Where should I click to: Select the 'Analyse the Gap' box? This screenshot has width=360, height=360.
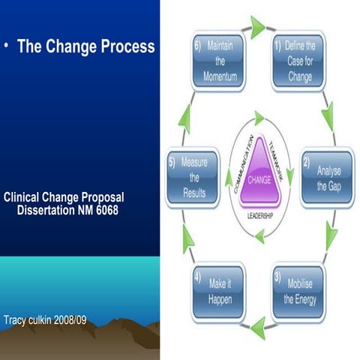[326, 179]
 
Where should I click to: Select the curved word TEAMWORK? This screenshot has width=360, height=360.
[280, 154]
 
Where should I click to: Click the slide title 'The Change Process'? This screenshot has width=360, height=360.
[85, 46]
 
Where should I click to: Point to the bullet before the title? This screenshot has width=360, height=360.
[5, 46]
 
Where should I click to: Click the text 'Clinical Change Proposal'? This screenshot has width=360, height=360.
[64, 198]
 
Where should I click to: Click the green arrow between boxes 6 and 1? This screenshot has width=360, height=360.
[256, 28]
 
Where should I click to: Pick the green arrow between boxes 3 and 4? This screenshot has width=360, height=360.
[258, 327]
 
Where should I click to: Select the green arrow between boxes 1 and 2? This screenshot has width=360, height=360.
[327, 116]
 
